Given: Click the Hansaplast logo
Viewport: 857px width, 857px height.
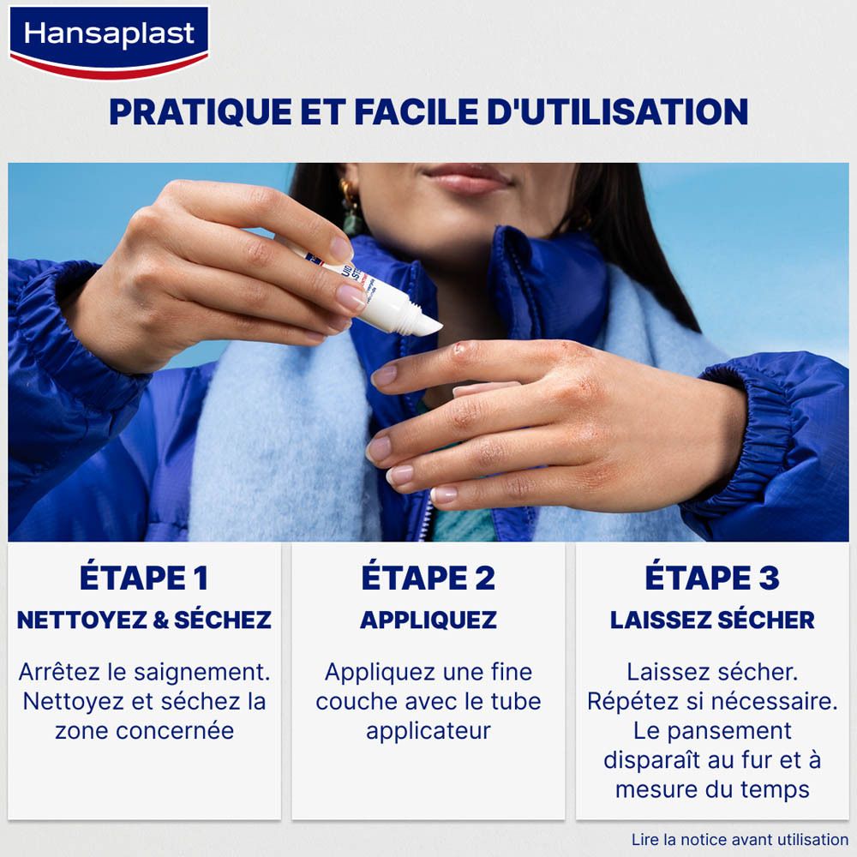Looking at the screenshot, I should pyautogui.click(x=108, y=38).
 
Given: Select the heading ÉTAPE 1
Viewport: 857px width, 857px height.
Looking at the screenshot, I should pyautogui.click(x=144, y=578).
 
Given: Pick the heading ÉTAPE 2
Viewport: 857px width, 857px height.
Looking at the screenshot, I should pyautogui.click(x=428, y=578).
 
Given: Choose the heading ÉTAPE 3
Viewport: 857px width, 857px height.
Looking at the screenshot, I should pyautogui.click(x=712, y=578).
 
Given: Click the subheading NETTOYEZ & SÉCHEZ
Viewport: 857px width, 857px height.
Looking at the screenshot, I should pyautogui.click(x=144, y=620).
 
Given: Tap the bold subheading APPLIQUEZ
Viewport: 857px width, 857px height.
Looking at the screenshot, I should pyautogui.click(x=428, y=620).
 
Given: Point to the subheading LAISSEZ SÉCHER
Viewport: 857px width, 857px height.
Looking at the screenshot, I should pyautogui.click(x=712, y=620).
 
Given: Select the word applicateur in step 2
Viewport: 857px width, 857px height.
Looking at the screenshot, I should pyautogui.click(x=428, y=731).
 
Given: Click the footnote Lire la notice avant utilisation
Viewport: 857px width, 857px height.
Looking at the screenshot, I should pyautogui.click(x=739, y=840).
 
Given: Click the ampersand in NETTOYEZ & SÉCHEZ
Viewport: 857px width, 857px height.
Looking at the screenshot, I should pyautogui.click(x=161, y=620).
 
